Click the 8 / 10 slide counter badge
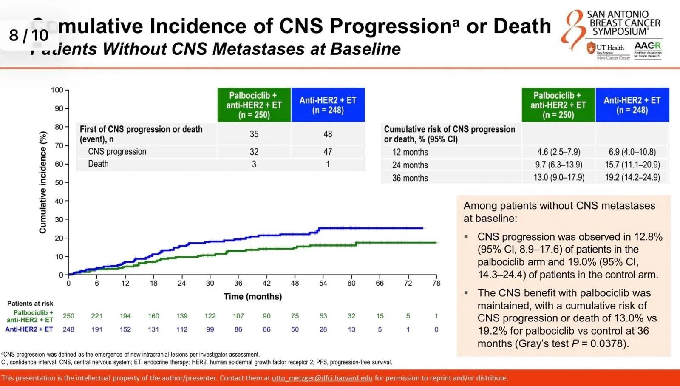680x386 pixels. (28, 35)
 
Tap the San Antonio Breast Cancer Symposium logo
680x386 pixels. (612, 26)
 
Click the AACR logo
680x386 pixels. (648, 49)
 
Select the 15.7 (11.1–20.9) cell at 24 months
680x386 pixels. (632, 165)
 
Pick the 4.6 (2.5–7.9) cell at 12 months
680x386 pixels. (558, 152)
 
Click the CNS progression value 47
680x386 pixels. (328, 152)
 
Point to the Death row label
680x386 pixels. (98, 164)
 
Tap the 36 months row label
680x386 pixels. (410, 178)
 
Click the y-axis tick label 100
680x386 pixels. (57, 90)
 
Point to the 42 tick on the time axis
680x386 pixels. (266, 283)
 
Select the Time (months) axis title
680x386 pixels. (252, 297)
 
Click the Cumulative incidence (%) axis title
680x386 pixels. (43, 182)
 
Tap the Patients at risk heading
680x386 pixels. (30, 304)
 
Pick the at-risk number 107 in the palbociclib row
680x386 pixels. (238, 316)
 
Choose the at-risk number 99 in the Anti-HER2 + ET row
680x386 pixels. (210, 329)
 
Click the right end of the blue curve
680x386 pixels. (423, 228)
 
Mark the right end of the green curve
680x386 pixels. (436, 243)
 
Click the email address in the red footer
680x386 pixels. (322, 378)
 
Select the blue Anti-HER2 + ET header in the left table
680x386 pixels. (328, 105)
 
